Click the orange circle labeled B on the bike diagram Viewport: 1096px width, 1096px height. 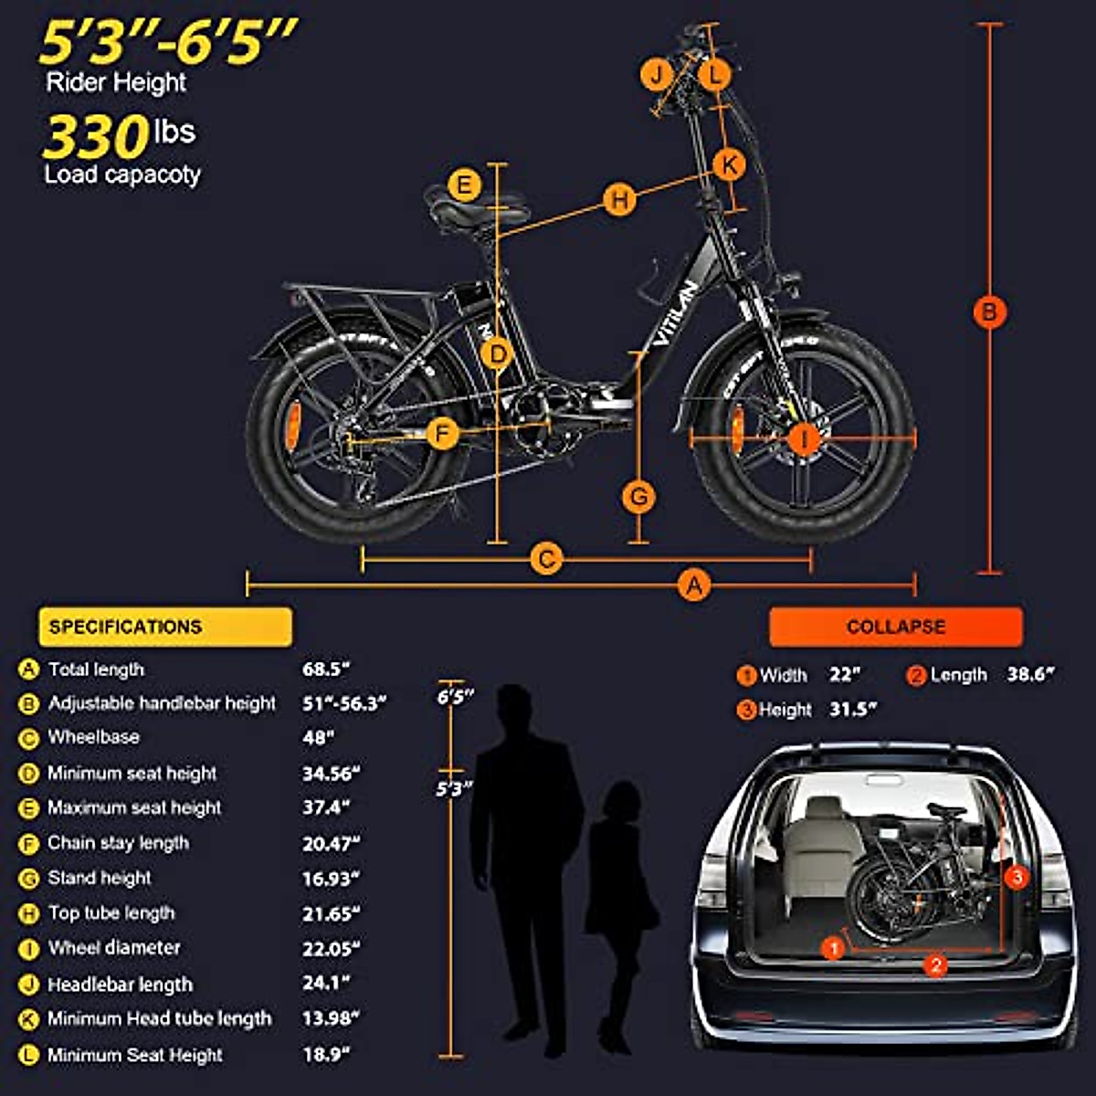[989, 311]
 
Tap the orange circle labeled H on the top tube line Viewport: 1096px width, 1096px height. [620, 199]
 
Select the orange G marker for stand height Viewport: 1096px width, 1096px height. [639, 497]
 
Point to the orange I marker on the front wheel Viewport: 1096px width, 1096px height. [804, 439]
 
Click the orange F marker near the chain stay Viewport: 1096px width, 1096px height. [443, 433]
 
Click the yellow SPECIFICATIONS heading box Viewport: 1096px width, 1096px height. [165, 627]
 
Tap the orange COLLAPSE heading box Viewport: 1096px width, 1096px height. [895, 627]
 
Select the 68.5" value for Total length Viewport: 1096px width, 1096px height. [327, 669]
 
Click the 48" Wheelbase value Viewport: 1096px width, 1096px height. [319, 737]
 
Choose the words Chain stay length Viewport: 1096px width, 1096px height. [118, 843]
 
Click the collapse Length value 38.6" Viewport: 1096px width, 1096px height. [1030, 675]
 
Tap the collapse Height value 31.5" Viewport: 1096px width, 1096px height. [853, 710]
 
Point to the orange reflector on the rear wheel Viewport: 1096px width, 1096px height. [292, 426]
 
